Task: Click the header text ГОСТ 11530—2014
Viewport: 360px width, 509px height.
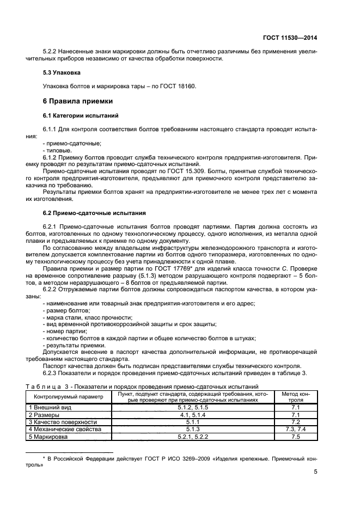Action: (x=291, y=38)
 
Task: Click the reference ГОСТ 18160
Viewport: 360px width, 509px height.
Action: (x=177, y=86)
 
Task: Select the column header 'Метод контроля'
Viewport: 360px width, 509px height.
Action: (x=296, y=396)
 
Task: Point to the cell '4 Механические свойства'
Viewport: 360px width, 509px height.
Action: (x=65, y=429)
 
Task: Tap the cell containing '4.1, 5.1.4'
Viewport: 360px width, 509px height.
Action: (x=194, y=414)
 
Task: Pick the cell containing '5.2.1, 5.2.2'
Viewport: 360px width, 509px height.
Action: (x=194, y=437)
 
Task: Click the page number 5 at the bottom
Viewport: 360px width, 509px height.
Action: (x=316, y=472)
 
